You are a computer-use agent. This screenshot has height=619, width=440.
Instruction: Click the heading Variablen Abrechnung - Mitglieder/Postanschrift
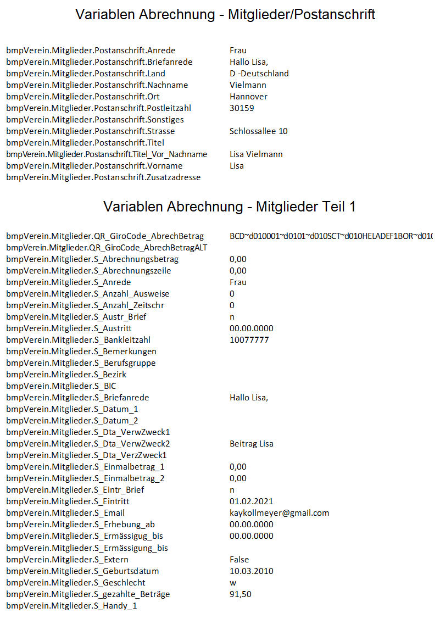coord(225,15)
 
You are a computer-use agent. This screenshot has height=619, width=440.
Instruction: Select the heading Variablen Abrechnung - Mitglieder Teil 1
coord(229,207)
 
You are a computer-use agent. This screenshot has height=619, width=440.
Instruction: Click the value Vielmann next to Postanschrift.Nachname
coord(248,85)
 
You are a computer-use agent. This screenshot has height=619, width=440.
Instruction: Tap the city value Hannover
coord(248,97)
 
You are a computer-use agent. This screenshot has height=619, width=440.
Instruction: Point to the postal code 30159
coord(242,108)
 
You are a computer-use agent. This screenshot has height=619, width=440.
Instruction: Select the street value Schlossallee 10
coord(258,131)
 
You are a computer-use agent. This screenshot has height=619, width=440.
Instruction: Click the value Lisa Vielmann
coord(256,154)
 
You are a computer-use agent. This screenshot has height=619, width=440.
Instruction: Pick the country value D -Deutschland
coord(259,74)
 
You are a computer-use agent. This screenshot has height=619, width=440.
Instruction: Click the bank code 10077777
coord(249,340)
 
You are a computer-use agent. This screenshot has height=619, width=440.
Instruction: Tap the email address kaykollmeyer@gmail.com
coord(279,513)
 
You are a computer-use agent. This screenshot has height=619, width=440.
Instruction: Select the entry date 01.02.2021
coord(251,501)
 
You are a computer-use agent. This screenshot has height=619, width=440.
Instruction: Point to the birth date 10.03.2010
coord(251,571)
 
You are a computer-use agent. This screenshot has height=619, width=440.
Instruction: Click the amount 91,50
coord(241,594)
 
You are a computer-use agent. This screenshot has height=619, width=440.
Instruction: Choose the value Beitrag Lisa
coord(251,444)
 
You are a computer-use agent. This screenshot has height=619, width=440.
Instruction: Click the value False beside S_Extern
coord(239,560)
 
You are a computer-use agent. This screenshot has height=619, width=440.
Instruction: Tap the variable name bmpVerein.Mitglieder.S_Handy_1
coord(71,606)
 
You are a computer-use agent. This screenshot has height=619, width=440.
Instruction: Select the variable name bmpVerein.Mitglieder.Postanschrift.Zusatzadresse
coord(103,177)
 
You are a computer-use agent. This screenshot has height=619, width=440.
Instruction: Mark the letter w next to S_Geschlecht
coord(232,583)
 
